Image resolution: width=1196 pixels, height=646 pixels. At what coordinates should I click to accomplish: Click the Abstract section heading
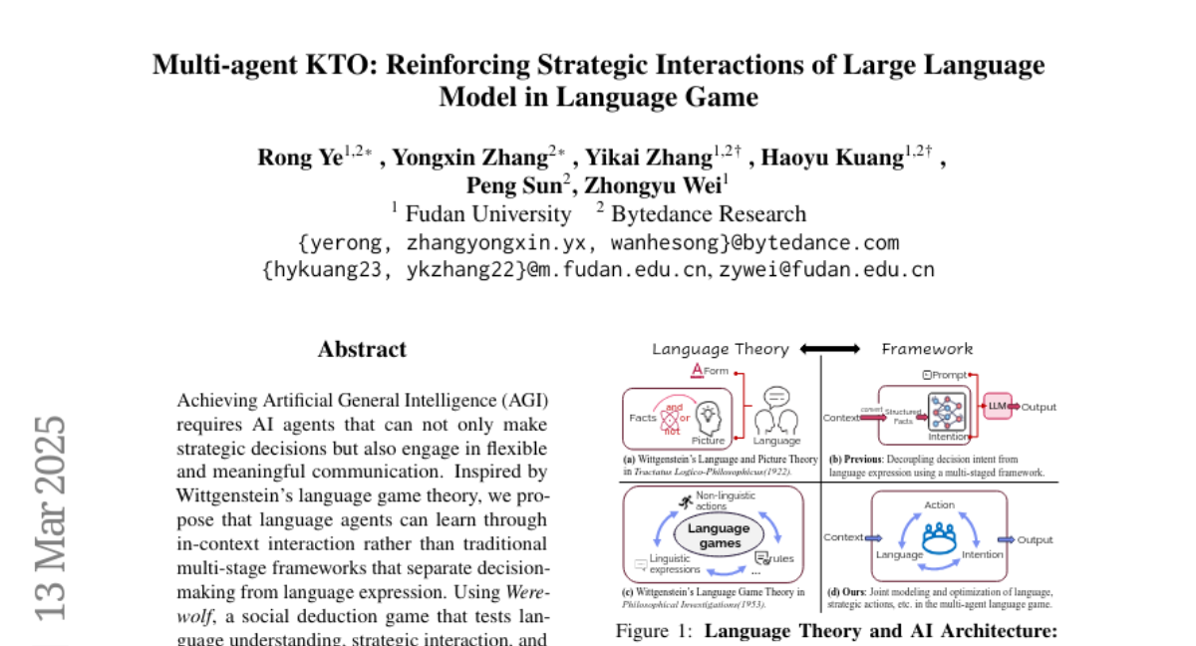click(362, 349)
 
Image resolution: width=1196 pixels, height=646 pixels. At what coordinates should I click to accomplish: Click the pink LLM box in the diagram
click(996, 405)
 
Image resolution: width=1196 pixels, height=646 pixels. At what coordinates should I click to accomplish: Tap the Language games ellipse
click(719, 535)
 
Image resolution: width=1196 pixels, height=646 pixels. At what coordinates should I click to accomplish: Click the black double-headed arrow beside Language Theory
click(829, 349)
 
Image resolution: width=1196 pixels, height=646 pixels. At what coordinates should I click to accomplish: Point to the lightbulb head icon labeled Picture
click(707, 414)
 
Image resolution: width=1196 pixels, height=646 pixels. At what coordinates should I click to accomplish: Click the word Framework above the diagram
click(926, 349)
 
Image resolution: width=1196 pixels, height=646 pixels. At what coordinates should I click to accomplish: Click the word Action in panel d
click(939, 504)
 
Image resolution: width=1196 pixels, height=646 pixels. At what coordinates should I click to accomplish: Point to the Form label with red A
click(710, 371)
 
